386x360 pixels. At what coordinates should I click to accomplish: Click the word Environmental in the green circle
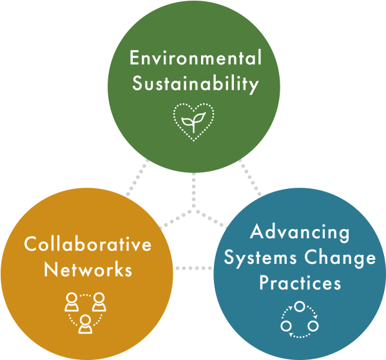click(x=195, y=58)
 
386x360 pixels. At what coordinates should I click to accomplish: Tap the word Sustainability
click(x=195, y=85)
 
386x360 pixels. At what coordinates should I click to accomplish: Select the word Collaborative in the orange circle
click(x=88, y=244)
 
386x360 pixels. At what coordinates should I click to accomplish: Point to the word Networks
click(x=88, y=269)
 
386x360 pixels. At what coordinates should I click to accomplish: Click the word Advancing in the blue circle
click(x=300, y=232)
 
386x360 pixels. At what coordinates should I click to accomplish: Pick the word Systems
click(x=260, y=258)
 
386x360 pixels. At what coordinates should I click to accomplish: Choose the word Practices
click(x=300, y=283)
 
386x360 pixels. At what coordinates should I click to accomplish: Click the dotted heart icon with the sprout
click(x=193, y=121)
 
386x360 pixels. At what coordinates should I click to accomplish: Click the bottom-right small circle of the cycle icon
click(x=313, y=326)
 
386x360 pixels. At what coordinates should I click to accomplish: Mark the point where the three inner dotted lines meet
click(x=193, y=210)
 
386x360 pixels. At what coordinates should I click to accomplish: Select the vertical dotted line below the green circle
click(x=193, y=191)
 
